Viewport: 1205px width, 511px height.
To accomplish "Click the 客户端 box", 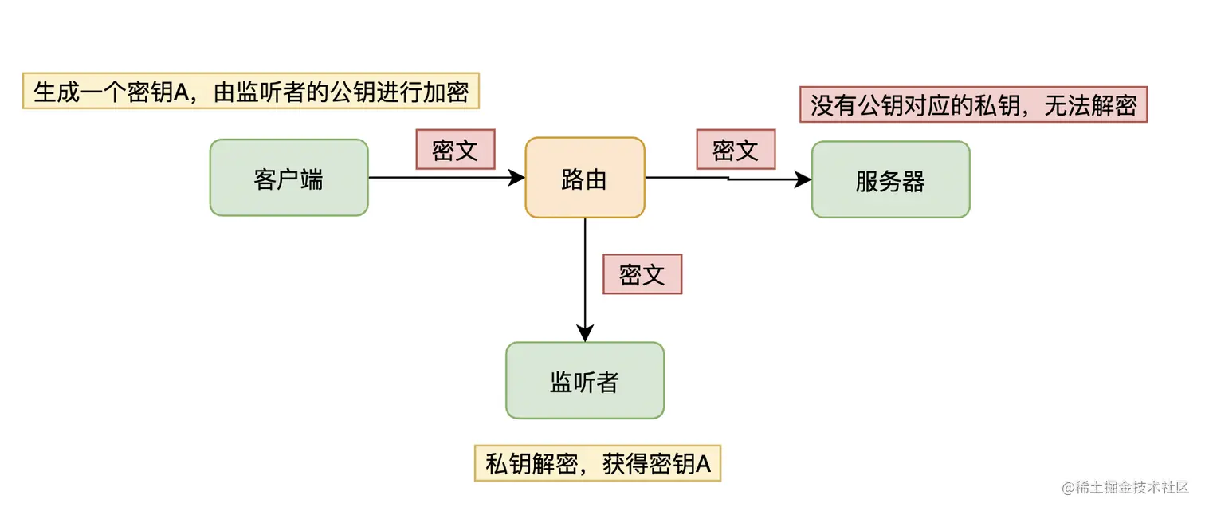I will click(x=288, y=178).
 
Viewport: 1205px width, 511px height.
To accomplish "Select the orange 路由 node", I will click(x=584, y=178).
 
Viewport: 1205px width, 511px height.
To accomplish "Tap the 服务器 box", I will click(x=890, y=180).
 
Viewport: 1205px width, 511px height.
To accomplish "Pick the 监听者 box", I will click(x=584, y=381).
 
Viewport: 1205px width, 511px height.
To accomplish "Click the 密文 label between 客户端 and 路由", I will click(x=455, y=149).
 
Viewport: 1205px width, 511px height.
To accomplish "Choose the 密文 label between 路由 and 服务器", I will click(x=736, y=149).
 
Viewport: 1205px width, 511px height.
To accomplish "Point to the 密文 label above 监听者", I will click(x=642, y=273).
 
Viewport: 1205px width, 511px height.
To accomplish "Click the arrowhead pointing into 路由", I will click(x=518, y=178).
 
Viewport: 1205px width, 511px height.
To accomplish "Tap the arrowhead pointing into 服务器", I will click(x=804, y=180).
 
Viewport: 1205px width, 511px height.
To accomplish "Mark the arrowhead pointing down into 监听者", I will click(x=585, y=335).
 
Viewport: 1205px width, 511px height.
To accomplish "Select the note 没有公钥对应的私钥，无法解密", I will click(x=972, y=104).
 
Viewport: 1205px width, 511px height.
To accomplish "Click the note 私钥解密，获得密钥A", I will click(x=597, y=463).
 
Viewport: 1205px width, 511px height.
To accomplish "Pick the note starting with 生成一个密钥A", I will click(x=250, y=92).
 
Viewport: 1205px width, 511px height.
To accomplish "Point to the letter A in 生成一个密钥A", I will click(x=181, y=92).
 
